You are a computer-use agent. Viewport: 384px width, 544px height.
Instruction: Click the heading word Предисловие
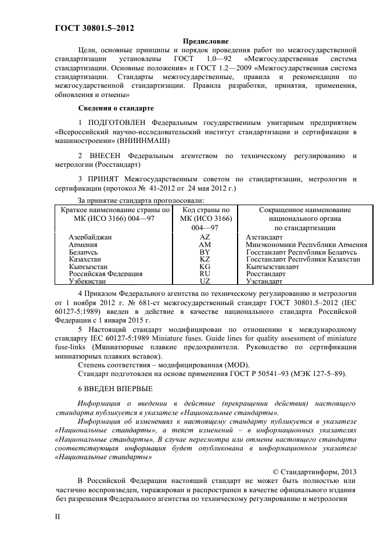tap(206, 41)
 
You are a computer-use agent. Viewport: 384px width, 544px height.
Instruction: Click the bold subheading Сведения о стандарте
tap(116, 108)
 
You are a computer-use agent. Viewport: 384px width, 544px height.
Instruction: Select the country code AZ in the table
tap(204, 238)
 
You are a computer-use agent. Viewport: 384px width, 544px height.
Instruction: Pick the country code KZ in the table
tap(204, 259)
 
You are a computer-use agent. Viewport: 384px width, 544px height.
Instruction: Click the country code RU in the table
tap(204, 273)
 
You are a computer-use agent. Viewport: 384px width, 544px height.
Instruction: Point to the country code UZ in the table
tap(204, 281)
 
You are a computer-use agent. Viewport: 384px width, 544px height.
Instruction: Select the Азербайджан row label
tap(90, 238)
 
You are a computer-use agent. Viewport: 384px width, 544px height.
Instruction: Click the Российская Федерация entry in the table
tap(106, 273)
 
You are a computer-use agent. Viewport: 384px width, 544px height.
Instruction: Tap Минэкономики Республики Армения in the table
tap(306, 245)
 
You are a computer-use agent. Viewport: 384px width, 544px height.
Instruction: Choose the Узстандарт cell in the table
tap(265, 281)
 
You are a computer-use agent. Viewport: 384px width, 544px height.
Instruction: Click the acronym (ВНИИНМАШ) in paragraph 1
tap(144, 141)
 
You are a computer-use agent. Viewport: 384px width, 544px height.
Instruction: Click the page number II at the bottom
tap(58, 516)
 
